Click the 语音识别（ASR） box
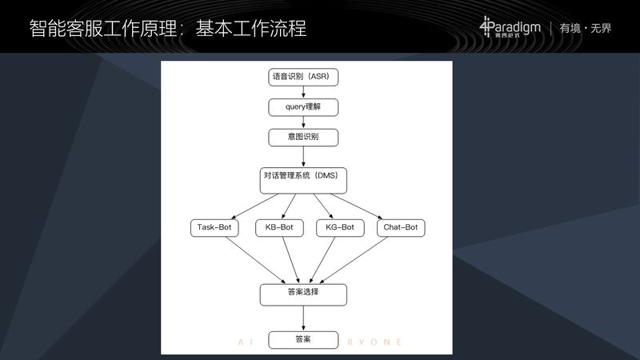(303, 77)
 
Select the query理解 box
(303, 106)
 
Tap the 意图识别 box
(303, 136)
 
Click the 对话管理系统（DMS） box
(303, 181)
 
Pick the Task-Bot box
(214, 227)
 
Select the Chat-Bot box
(400, 227)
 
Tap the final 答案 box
(303, 340)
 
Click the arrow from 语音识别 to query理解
(303, 92)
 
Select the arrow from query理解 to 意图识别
(303, 122)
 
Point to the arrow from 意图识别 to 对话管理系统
(303, 157)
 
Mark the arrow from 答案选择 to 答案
(303, 318)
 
